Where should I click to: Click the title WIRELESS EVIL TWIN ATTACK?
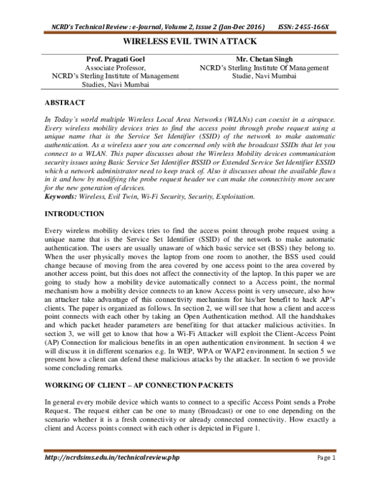[190, 41]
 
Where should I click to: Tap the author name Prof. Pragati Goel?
[116, 59]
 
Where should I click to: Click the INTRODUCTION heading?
[75, 214]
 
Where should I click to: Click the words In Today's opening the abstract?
[64, 119]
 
